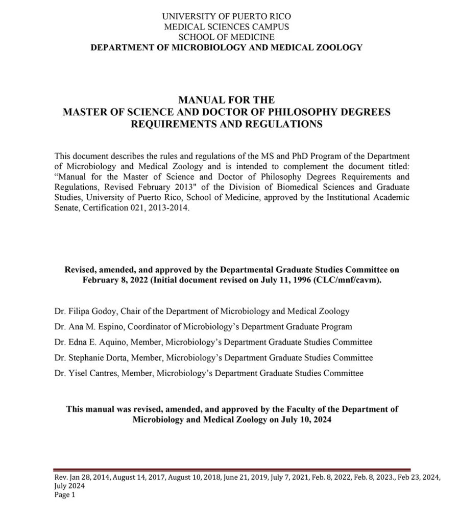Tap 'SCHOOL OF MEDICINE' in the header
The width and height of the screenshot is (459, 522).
tap(226, 37)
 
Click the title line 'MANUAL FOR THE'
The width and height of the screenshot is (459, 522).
tap(226, 100)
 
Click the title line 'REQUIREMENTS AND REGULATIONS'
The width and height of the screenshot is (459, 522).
tap(226, 124)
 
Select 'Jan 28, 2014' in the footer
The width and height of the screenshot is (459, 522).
tap(88, 478)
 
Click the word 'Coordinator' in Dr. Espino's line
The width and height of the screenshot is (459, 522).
tap(144, 326)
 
